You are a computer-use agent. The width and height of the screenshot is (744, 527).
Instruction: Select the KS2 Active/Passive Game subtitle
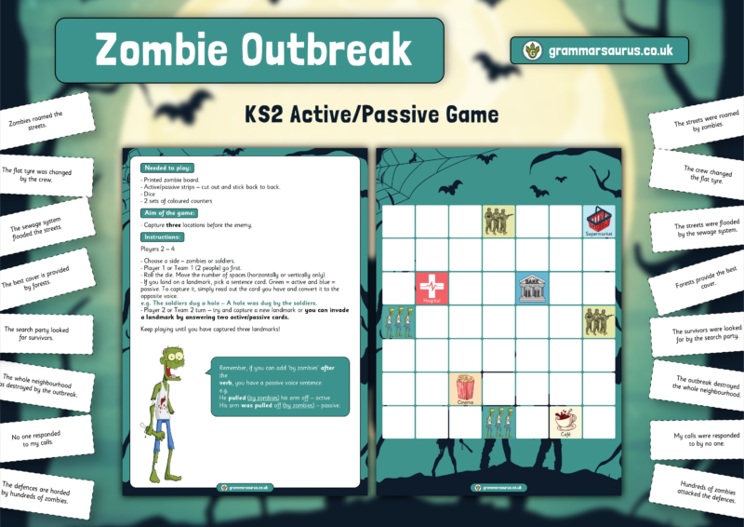pyautogui.click(x=372, y=115)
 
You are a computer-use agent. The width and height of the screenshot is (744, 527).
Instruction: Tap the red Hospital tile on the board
pyautogui.click(x=432, y=289)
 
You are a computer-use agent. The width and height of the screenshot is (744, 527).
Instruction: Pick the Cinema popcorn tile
pyautogui.click(x=465, y=389)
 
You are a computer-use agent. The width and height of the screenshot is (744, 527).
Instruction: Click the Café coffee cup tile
pyautogui.click(x=565, y=423)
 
